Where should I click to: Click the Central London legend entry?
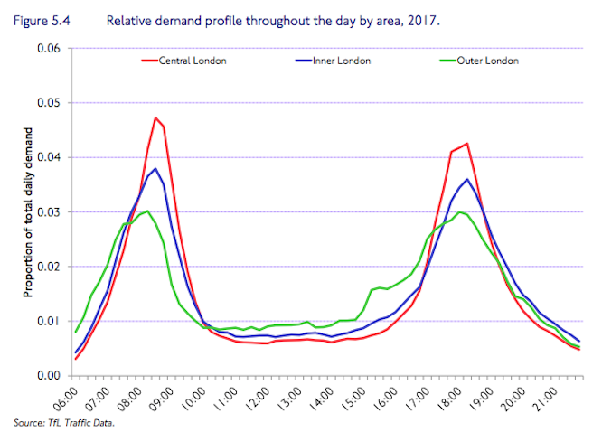click(192, 61)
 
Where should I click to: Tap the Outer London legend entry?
click(488, 61)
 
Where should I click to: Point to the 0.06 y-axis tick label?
click(48, 49)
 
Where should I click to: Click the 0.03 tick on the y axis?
click(48, 212)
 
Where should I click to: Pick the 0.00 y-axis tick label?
click(48, 376)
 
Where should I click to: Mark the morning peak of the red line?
click(155, 117)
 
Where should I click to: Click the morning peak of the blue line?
click(155, 168)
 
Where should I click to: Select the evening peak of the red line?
click(466, 143)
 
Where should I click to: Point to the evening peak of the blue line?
click(466, 179)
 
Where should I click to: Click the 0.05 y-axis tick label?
click(48, 103)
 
